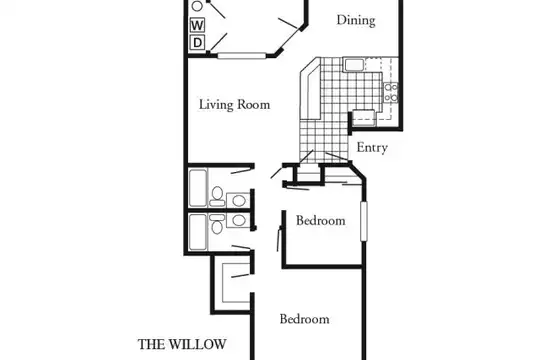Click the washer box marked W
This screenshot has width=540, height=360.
[197, 25]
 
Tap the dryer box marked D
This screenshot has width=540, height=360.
[197, 42]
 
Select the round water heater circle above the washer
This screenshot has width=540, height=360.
[197, 6]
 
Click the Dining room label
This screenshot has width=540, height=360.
[356, 20]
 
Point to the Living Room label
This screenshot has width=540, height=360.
[235, 104]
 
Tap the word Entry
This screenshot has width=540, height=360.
[372, 147]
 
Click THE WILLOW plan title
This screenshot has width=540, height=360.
[182, 344]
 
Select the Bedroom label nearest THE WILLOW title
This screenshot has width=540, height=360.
[304, 319]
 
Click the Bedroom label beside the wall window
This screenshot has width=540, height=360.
[321, 220]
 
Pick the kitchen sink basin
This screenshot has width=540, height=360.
[354, 65]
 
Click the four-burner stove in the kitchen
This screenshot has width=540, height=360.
[391, 93]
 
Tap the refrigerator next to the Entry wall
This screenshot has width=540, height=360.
[364, 118]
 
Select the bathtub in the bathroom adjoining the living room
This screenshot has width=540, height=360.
[198, 188]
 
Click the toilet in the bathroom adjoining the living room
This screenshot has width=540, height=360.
[217, 197]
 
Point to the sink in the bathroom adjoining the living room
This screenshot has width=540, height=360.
[238, 200]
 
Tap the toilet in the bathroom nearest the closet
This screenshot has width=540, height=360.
[217, 224]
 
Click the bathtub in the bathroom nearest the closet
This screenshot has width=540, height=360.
[198, 233]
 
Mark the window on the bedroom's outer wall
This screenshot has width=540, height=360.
[364, 221]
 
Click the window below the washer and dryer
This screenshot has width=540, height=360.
[242, 55]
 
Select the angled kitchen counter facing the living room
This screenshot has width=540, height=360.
[310, 92]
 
